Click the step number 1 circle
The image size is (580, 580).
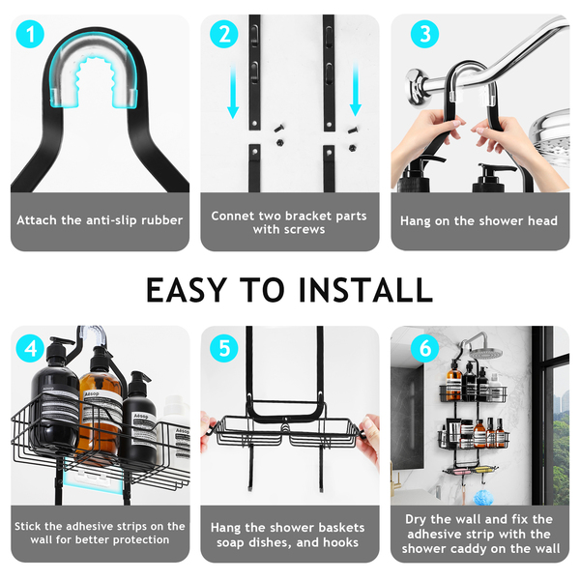tap(30, 34)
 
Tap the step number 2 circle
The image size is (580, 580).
tap(224, 34)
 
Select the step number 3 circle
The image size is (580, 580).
tap(424, 34)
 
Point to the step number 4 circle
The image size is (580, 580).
tap(30, 348)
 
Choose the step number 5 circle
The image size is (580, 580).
tap(224, 348)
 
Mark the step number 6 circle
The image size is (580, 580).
tap(424, 348)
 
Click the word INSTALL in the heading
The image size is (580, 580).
tap(365, 290)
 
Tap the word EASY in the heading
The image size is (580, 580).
tap(187, 290)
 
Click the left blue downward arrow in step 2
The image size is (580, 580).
tap(233, 91)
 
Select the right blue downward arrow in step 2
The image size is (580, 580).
tap(356, 89)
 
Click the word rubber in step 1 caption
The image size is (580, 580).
tap(162, 220)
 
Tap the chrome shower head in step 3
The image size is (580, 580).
tap(549, 133)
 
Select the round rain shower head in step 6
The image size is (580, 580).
tap(487, 353)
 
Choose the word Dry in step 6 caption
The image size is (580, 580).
tap(416, 520)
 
